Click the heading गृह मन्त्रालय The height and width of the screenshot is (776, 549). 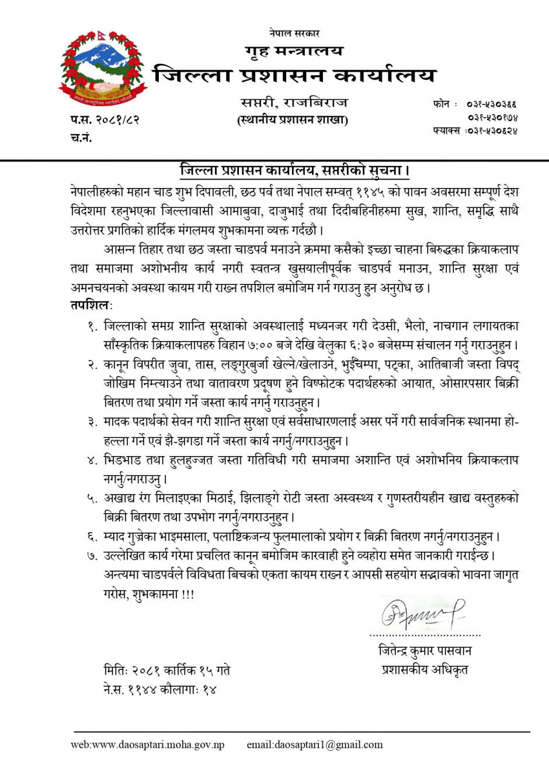[x=294, y=51]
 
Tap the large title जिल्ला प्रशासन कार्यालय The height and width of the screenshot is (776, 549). [x=294, y=75]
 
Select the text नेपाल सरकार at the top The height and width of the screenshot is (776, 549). [x=294, y=33]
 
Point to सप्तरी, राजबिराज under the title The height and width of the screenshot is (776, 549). [x=294, y=103]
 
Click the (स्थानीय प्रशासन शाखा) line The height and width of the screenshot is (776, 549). [x=293, y=120]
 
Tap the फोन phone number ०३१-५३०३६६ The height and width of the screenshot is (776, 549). [x=491, y=105]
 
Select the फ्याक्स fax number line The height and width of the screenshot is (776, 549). [x=475, y=131]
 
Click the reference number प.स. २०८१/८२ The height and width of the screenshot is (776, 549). [x=105, y=120]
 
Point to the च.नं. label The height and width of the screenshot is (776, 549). [x=81, y=138]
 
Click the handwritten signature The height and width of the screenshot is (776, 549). [x=422, y=613]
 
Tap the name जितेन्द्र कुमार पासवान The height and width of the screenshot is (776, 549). [x=425, y=650]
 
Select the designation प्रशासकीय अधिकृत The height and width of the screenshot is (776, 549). [x=425, y=670]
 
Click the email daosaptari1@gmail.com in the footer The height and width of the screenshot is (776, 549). [x=315, y=744]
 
